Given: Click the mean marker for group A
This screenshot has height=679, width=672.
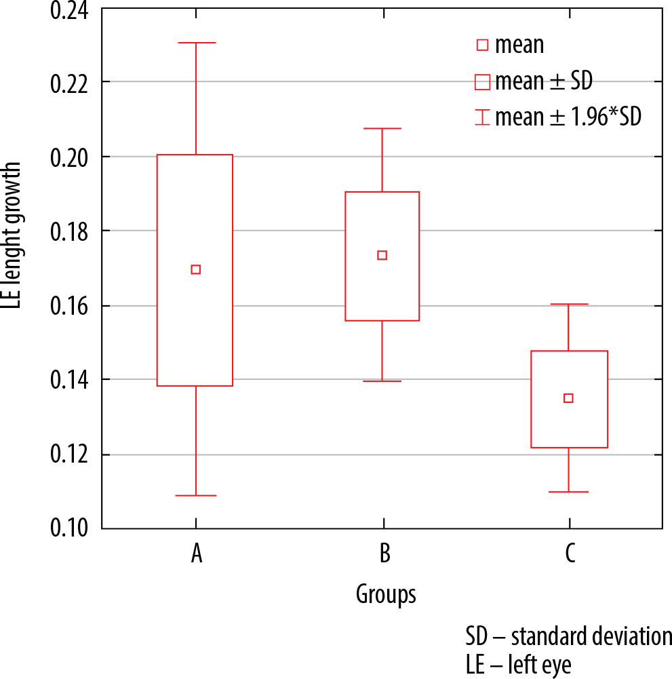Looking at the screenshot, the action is [196, 270].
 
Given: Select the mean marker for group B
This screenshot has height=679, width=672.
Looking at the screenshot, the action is [382, 255].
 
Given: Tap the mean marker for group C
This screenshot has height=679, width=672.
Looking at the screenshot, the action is [568, 398].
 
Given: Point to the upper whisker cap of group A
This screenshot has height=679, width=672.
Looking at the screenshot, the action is [196, 43].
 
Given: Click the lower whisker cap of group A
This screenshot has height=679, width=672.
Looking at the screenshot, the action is [196, 495].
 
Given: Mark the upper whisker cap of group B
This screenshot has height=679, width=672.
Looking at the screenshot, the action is [382, 129].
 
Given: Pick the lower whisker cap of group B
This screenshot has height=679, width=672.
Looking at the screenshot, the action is [382, 381].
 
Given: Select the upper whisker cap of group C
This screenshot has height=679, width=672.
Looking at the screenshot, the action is [569, 304].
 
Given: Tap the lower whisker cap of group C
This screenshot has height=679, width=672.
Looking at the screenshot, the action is [568, 492].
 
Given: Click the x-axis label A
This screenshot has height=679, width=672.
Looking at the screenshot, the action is [197, 553].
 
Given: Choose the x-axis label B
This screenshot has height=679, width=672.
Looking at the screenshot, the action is [384, 553].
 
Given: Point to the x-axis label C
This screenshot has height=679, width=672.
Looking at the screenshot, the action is [570, 553].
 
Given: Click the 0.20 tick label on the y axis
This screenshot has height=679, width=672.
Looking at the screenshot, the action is [69, 157].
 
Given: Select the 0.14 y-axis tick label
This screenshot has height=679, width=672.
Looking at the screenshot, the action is [69, 381].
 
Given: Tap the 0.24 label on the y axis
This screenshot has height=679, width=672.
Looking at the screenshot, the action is [69, 10].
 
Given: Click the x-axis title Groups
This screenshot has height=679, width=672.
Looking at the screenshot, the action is [386, 594].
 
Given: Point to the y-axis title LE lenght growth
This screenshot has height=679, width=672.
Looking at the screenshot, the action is [12, 235].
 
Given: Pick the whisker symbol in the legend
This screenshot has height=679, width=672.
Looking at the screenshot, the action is [482, 117].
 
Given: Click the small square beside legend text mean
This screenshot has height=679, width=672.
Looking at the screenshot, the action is [482, 45].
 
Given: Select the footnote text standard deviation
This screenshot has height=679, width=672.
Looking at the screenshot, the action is [591, 636].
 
